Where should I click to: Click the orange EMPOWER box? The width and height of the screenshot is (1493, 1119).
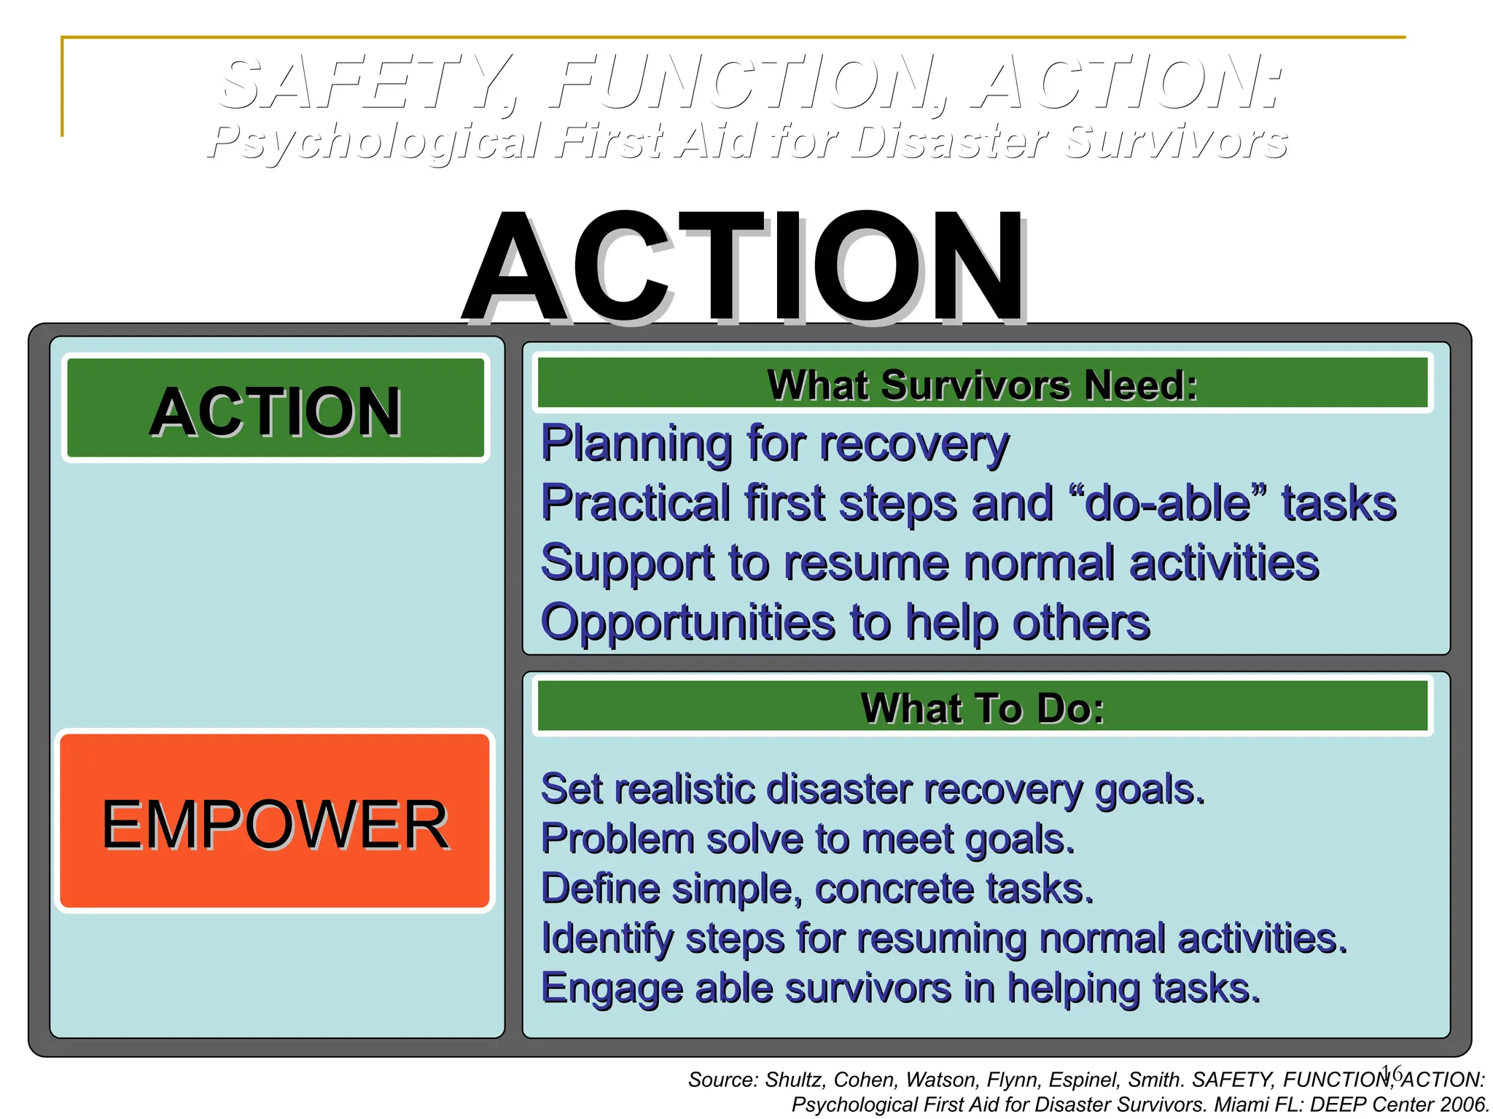[x=274, y=821]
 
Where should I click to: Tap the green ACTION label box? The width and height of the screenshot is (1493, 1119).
[x=276, y=409]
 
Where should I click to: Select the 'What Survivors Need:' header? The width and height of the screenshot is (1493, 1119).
[x=982, y=384]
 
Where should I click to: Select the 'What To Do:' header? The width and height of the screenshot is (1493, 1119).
[x=982, y=707]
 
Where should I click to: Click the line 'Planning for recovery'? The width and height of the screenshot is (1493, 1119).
[x=774, y=443]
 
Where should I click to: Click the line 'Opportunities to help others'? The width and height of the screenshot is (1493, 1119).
[x=845, y=622]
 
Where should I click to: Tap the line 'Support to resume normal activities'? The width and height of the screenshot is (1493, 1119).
[x=929, y=562]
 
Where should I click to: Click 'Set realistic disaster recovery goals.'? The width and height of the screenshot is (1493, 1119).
[x=873, y=789]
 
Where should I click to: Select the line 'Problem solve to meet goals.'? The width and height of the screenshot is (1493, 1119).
[x=808, y=839]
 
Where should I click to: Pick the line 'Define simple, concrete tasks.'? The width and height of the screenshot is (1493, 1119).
[x=817, y=888]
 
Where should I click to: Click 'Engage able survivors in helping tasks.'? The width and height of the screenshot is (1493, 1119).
[x=900, y=988]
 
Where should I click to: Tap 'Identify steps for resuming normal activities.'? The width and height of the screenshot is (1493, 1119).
[x=944, y=938]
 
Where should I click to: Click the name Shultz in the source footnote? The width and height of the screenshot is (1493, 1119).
[x=795, y=1080]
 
